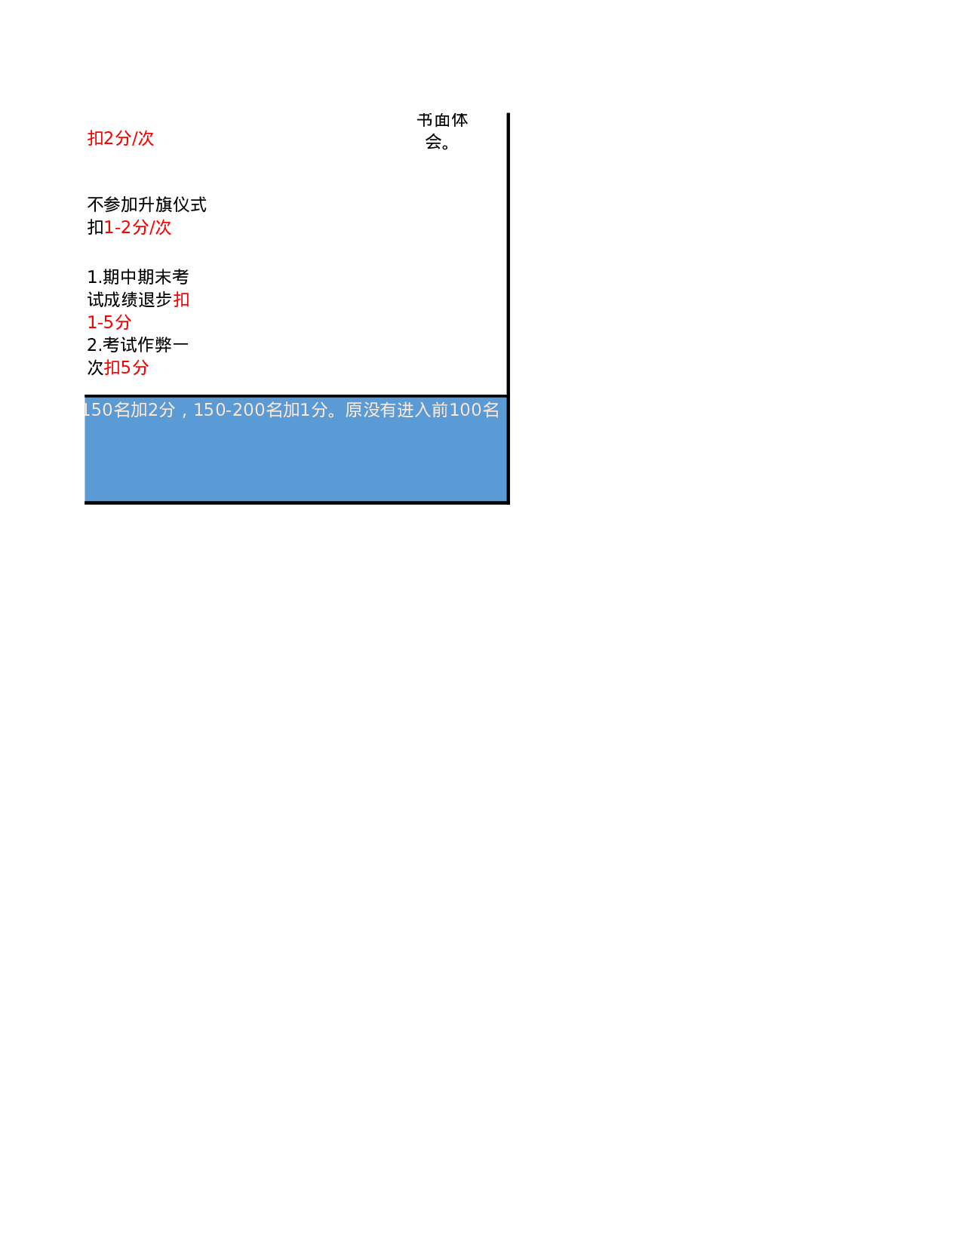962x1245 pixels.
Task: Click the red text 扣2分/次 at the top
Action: [121, 138]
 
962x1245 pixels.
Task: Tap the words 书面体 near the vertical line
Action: [443, 121]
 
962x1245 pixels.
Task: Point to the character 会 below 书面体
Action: [434, 141]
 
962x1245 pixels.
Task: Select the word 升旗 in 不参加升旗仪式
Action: [155, 204]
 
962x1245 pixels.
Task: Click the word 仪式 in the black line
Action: [189, 204]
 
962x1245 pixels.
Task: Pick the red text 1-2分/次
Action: [138, 227]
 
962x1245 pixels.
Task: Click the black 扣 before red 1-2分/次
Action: [95, 227]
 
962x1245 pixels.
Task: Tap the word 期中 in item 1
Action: [120, 277]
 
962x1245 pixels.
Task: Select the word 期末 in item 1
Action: [154, 277]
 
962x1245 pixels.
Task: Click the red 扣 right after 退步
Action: [181, 300]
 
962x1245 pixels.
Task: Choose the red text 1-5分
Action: [109, 322]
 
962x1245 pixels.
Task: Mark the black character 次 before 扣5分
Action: [95, 367]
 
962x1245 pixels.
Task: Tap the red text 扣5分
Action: [127, 367]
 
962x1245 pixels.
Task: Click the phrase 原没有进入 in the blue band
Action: [388, 410]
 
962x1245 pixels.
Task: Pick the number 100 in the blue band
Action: [465, 410]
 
